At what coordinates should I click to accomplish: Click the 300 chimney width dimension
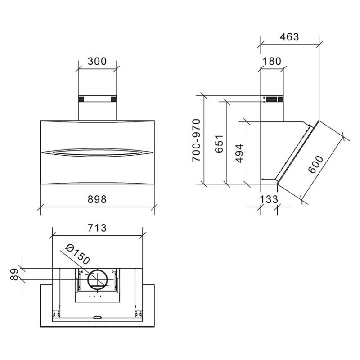(x=97, y=61)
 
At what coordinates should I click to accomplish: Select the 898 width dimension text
(x=97, y=199)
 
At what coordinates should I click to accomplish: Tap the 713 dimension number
(x=97, y=228)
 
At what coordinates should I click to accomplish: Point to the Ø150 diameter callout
(x=77, y=254)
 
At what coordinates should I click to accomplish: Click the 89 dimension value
(x=14, y=274)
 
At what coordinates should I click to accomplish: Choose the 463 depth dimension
(x=289, y=37)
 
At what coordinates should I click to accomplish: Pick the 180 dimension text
(x=272, y=61)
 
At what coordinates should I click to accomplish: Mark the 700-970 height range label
(x=197, y=140)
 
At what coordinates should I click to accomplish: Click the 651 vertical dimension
(x=219, y=144)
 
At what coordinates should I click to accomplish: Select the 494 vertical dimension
(x=239, y=153)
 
